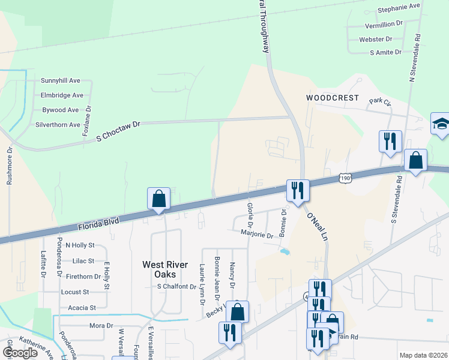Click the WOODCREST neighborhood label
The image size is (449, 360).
coord(332,98)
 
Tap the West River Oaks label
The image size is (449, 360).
coord(165,269)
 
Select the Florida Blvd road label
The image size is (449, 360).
coord(98,224)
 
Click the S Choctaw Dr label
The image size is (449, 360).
coord(118,131)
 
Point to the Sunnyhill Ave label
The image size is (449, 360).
coord(61,80)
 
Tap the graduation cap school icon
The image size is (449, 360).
coord(440,124)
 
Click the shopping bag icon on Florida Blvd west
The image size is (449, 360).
coord(159,198)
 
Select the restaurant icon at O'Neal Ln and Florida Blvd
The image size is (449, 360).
coord(298,190)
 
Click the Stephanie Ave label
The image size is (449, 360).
coord(399,10)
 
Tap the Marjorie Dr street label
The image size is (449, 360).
coord(257,235)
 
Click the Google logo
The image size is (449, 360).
coord(20,352)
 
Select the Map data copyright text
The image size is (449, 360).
coord(423,355)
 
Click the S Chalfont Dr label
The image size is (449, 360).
coord(176,287)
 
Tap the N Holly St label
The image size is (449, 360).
coord(80,245)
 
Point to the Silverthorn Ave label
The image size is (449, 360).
coord(58,125)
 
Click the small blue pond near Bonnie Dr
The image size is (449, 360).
coord(285,252)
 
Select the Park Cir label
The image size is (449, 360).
coord(380,102)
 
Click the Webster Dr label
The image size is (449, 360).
coord(376,39)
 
